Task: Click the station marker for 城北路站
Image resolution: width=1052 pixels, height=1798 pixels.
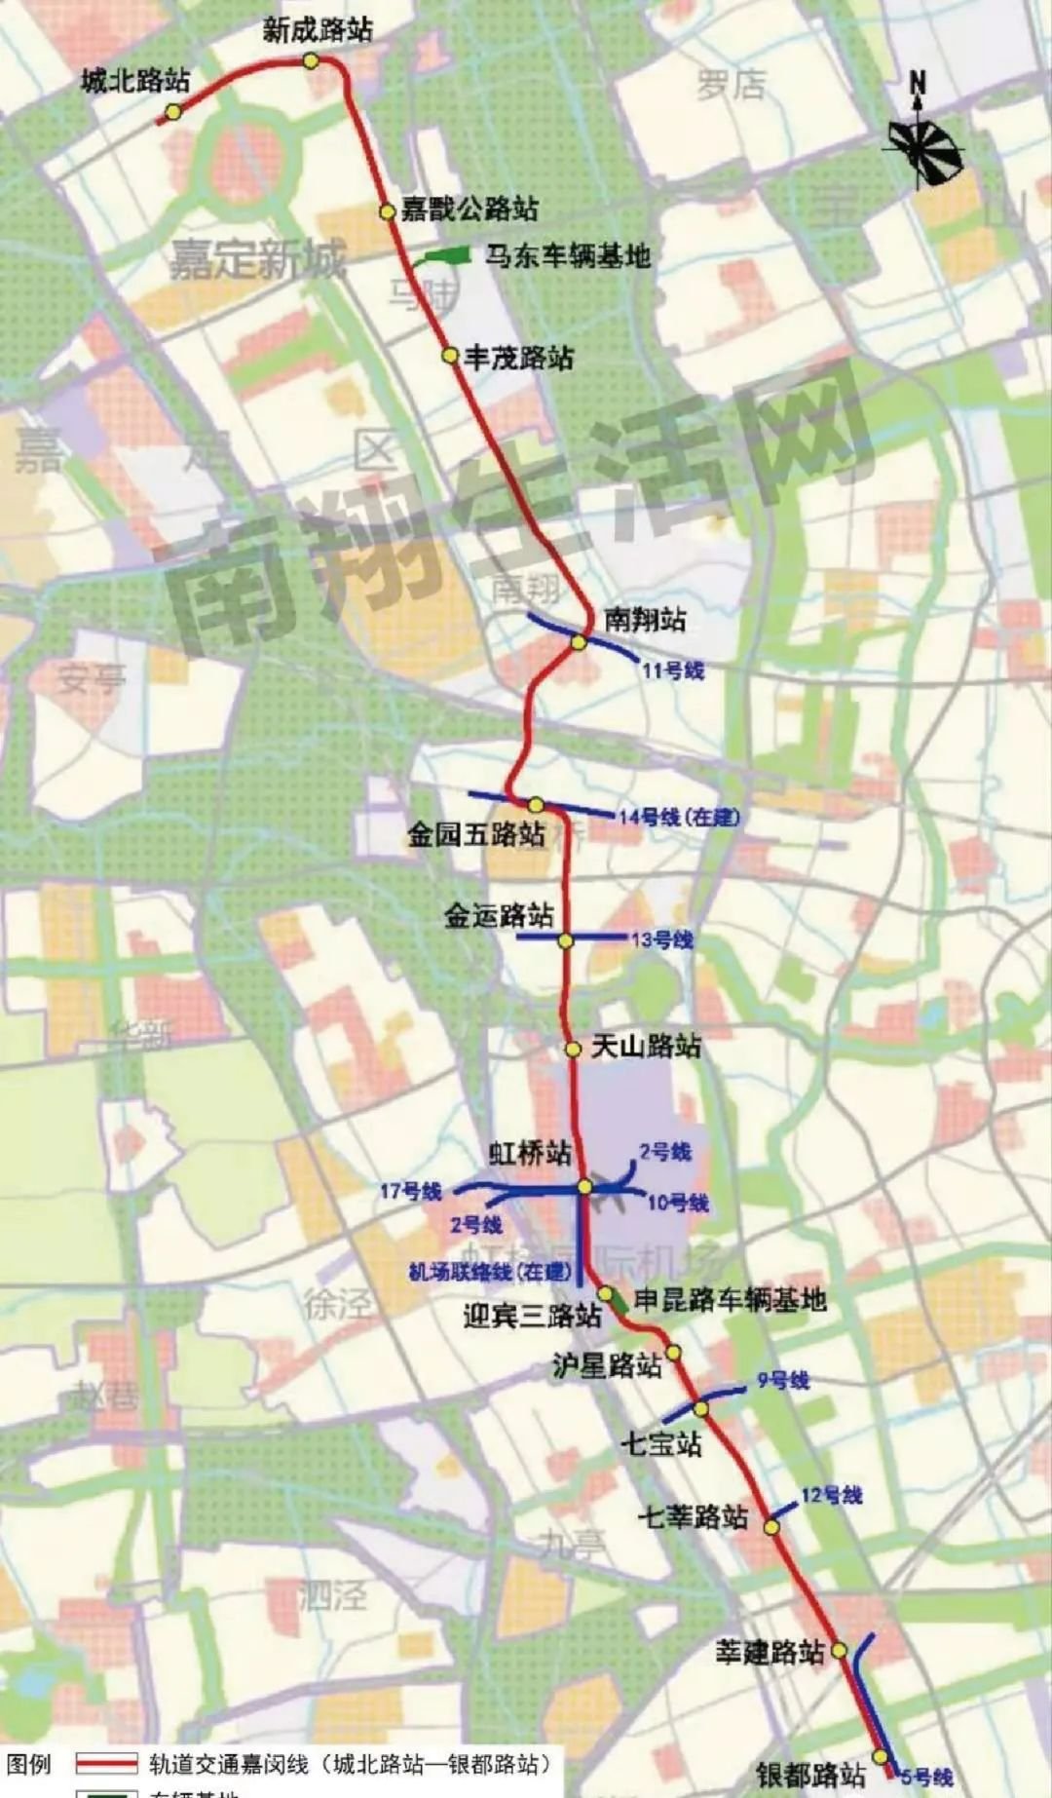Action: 172,112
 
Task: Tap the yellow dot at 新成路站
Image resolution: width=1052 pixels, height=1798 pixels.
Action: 311,60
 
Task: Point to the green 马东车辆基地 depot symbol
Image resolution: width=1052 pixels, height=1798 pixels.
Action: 443,256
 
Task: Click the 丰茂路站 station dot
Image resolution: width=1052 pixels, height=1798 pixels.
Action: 450,357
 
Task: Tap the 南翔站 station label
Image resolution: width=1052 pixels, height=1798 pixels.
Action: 645,619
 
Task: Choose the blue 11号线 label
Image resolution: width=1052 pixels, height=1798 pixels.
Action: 672,669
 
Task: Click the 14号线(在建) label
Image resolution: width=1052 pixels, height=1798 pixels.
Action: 679,817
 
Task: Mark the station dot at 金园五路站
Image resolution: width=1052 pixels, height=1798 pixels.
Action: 536,805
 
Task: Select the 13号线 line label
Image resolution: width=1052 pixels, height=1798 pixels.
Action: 661,940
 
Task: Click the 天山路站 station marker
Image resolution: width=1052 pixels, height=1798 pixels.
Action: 574,1050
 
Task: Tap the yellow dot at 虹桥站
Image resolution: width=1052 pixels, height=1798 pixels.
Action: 584,1186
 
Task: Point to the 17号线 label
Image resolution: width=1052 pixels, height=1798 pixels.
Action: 410,1191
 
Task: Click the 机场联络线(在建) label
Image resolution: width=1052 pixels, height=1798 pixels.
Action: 489,1271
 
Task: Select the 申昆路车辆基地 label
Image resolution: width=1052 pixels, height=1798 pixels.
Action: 730,1299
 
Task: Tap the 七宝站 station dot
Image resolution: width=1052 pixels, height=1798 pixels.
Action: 701,1407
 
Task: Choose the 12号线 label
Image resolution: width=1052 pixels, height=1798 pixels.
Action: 831,1495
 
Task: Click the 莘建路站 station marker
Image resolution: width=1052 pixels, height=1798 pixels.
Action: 839,1650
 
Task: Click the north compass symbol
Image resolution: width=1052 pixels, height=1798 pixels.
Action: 921,144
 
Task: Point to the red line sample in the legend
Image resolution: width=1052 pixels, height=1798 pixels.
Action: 107,1763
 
